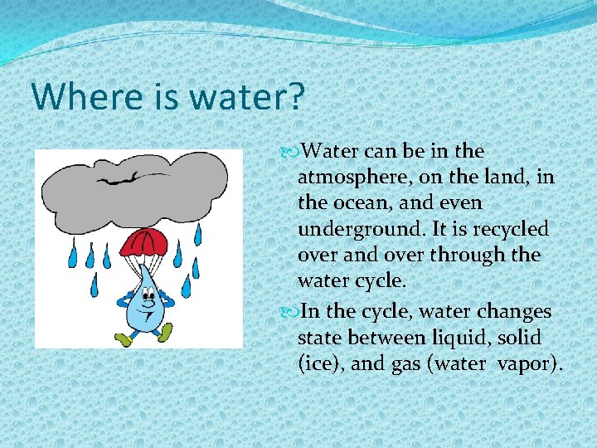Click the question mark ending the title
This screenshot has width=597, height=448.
pyautogui.click(x=296, y=97)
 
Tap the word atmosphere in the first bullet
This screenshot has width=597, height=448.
pyautogui.click(x=352, y=177)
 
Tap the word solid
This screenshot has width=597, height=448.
pyautogui.click(x=521, y=338)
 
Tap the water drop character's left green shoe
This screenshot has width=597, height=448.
pyautogui.click(x=125, y=338)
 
